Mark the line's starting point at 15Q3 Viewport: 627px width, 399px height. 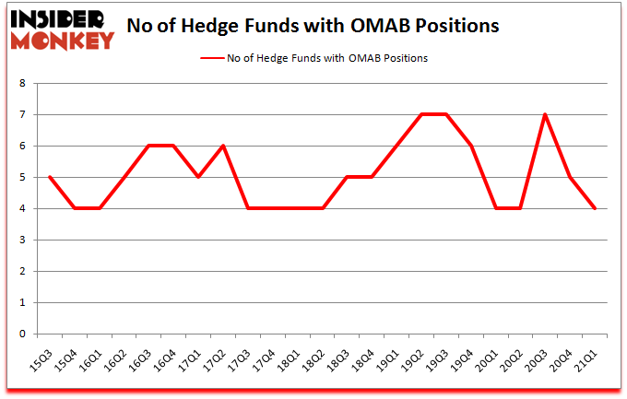49,177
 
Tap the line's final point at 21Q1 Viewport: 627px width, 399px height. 596,208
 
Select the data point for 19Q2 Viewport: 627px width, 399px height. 421,115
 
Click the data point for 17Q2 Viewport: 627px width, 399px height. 223,146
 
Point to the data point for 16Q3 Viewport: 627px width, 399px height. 148,146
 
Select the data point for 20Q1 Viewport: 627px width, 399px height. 496,208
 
